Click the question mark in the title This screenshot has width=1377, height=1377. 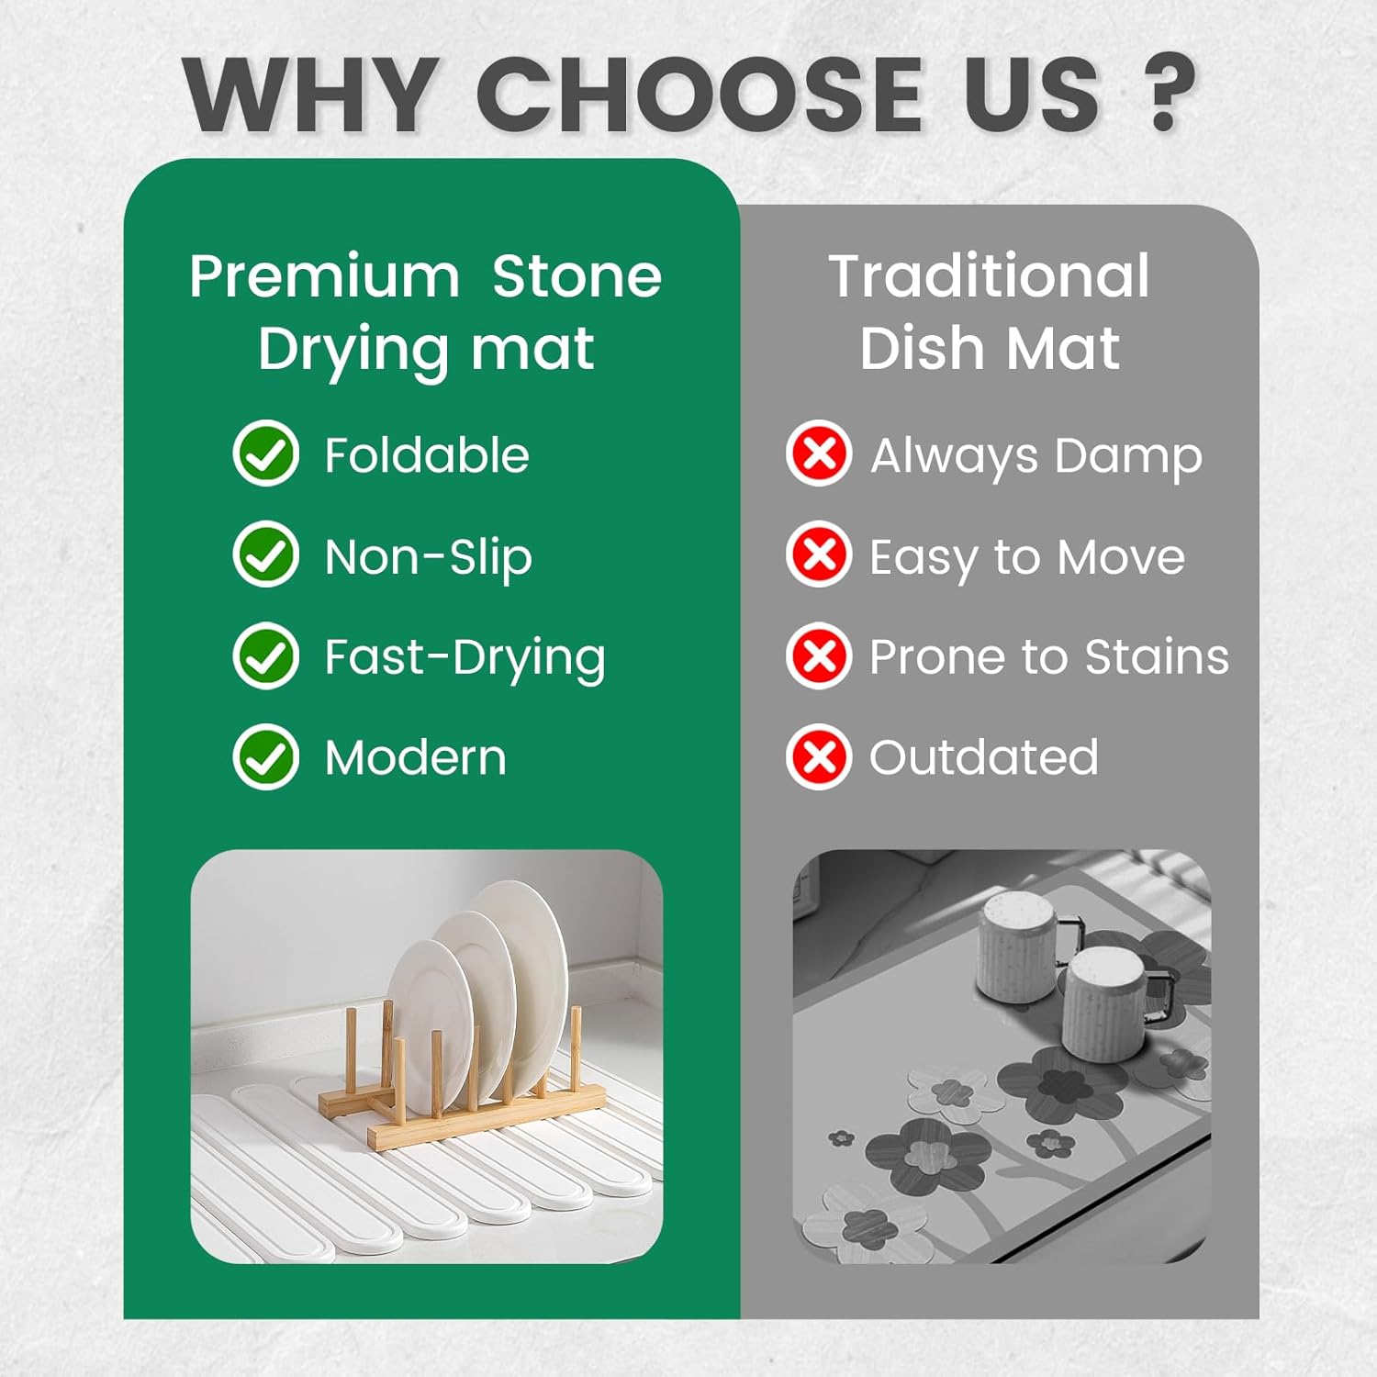[x=1163, y=92]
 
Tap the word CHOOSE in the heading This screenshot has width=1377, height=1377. [x=700, y=94]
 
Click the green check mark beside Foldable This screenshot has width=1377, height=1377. [x=265, y=453]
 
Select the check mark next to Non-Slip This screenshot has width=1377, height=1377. [x=265, y=554]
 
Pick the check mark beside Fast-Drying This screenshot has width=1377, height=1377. [x=265, y=655]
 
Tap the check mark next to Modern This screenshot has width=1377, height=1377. [x=265, y=756]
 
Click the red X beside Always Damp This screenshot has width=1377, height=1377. [x=819, y=453]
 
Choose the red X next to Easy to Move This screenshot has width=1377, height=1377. [x=819, y=554]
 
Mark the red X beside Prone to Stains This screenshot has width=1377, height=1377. [x=819, y=655]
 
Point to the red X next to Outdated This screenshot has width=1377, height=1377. [x=819, y=756]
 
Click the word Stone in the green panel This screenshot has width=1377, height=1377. [x=577, y=276]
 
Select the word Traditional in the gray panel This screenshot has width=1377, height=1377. [x=989, y=276]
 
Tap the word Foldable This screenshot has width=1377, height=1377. [x=427, y=455]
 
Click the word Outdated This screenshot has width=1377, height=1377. [x=983, y=757]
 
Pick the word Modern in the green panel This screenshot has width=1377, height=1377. [x=415, y=758]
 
